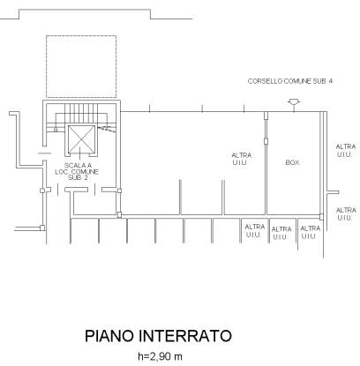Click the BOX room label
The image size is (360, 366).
click(x=292, y=162)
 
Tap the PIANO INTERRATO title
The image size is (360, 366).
click(x=158, y=336)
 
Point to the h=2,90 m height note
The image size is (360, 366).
click(x=160, y=356)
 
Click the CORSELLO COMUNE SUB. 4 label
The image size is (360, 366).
click(x=290, y=81)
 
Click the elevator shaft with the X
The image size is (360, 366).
click(x=81, y=139)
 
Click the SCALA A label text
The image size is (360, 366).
click(x=78, y=166)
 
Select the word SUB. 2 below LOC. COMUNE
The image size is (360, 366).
click(x=78, y=178)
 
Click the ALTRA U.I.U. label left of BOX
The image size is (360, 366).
click(x=241, y=159)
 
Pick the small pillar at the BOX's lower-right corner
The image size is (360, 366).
click(x=321, y=217)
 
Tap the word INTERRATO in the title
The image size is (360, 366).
click(x=185, y=336)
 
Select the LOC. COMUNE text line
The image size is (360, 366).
click(x=77, y=172)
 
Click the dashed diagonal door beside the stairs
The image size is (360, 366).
click(x=107, y=129)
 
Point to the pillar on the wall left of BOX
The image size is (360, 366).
click(x=266, y=141)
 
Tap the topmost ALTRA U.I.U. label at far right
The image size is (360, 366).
click(x=346, y=150)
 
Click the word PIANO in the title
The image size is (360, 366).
click(x=109, y=336)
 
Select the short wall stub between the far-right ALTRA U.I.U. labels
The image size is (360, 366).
click(x=333, y=192)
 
